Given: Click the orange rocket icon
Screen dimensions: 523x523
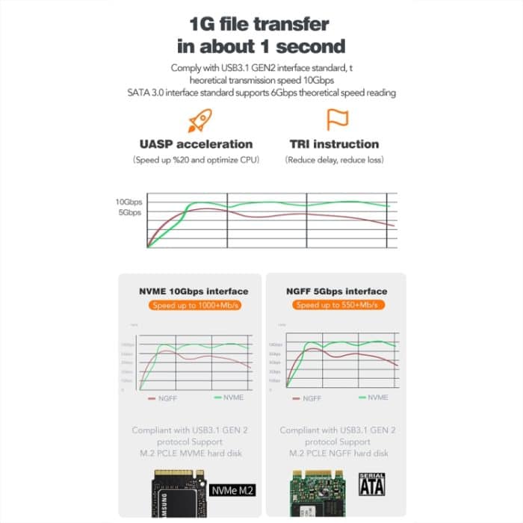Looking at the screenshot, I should click(199, 120).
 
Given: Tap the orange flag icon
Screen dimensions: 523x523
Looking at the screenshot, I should click(338, 120).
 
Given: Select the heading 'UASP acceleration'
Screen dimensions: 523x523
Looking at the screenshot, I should click(196, 144).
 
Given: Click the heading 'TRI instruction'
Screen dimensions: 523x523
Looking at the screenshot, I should click(332, 144).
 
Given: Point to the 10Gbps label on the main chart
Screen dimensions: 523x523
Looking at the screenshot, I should click(128, 202).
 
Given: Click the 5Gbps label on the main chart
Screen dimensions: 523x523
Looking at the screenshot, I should click(130, 213).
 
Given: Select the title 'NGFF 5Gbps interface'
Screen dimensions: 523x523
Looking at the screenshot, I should click(335, 291).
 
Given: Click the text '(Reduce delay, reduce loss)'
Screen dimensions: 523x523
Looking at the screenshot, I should click(332, 161).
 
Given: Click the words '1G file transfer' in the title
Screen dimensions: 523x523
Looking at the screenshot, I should click(261, 23).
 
